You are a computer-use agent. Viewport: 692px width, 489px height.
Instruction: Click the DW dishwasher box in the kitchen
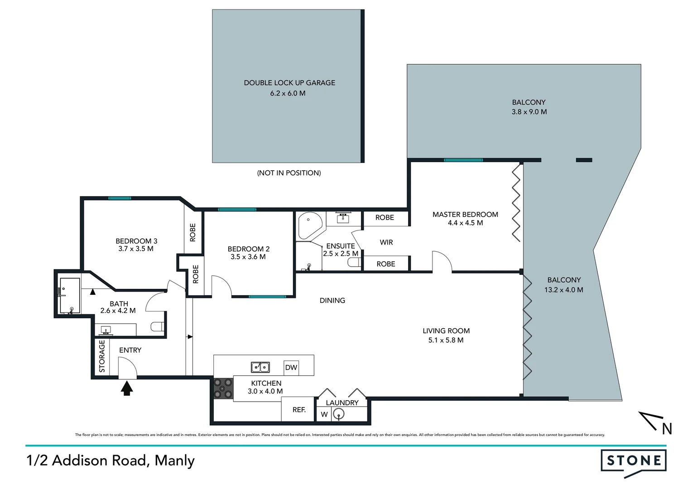[291, 367]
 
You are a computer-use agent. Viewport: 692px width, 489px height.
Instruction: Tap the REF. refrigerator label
[299, 410]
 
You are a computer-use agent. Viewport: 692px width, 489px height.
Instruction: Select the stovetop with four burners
[223, 388]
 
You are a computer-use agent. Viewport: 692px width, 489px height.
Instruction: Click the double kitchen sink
[260, 367]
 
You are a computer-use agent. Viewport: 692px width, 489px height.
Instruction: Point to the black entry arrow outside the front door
[127, 388]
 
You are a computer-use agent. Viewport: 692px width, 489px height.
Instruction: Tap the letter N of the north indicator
[667, 428]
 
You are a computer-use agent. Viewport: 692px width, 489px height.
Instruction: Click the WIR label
[386, 242]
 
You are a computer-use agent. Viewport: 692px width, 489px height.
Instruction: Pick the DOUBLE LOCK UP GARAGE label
[289, 83]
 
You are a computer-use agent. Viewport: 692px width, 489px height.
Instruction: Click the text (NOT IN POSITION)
[289, 173]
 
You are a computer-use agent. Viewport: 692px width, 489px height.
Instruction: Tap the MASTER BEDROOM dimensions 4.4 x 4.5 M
[465, 223]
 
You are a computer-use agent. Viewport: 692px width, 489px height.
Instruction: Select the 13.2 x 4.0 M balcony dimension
[563, 290]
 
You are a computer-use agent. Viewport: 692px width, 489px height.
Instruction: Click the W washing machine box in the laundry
[324, 414]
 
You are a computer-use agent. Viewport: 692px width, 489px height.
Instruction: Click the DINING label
[332, 301]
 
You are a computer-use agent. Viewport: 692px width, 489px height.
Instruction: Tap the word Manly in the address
[175, 460]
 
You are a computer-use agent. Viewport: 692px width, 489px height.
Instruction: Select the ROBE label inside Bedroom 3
[192, 232]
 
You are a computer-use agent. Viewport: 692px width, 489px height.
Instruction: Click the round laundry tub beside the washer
[338, 414]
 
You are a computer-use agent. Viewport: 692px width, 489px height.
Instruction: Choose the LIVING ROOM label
[446, 331]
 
